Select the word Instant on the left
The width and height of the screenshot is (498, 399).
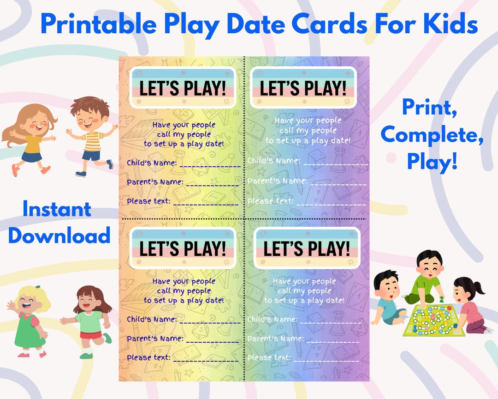click(x=57, y=210)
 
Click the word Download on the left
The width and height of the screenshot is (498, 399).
click(x=59, y=235)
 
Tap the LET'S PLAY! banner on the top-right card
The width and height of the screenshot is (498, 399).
click(x=303, y=88)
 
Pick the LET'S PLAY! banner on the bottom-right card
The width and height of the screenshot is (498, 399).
click(x=307, y=248)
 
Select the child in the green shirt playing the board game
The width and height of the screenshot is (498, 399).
click(x=427, y=277)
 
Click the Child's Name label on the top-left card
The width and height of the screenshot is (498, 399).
click(x=152, y=163)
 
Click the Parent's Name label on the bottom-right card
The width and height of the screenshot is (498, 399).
click(x=275, y=339)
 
